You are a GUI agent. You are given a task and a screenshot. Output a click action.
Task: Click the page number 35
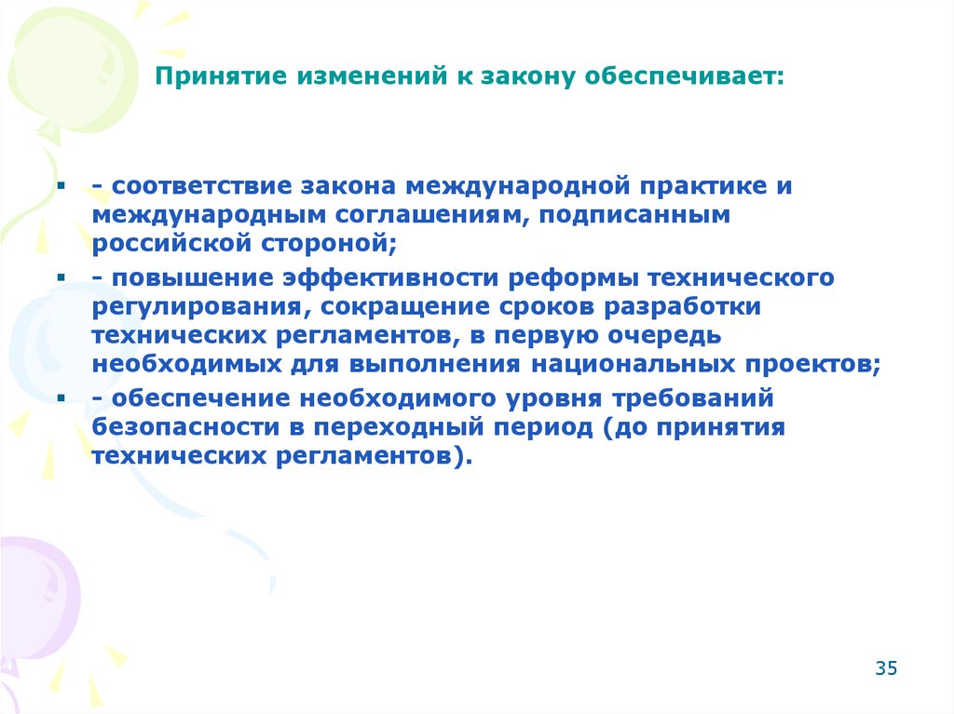point(885,667)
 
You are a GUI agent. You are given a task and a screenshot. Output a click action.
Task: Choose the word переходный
point(405,428)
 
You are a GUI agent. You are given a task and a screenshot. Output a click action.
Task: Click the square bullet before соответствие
point(60,187)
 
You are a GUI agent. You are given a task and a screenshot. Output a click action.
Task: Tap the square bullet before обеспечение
point(60,400)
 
